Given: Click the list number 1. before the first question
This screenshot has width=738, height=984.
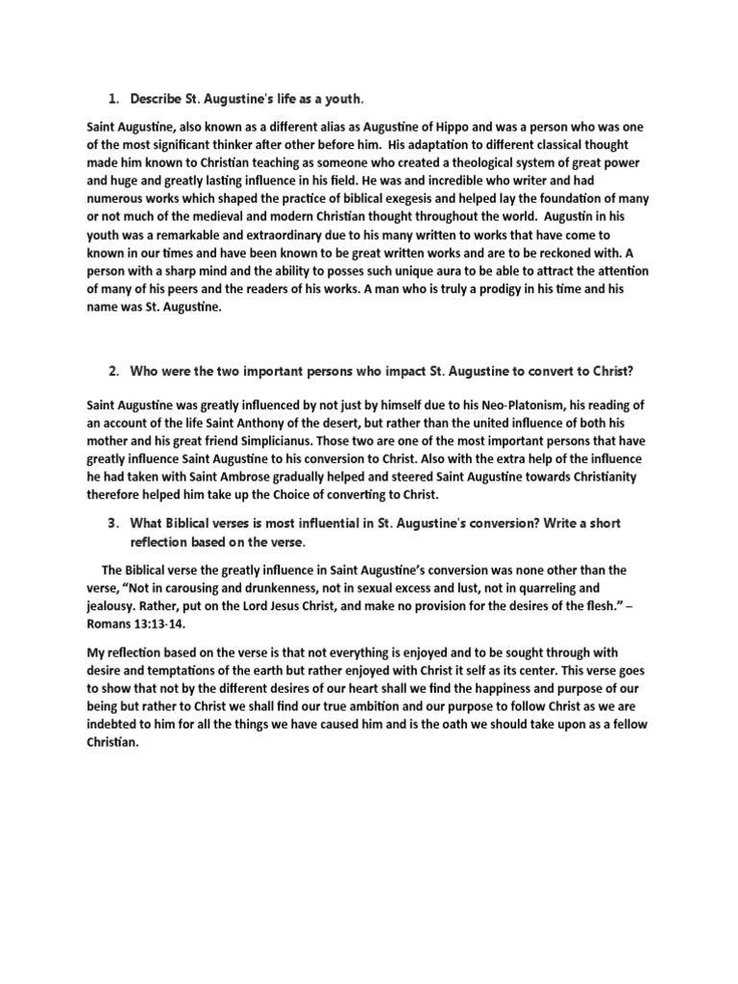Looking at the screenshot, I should point(112,99).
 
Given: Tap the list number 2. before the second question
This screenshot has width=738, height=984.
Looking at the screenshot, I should point(112,372).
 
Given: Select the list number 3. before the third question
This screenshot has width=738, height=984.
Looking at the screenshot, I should point(112,523).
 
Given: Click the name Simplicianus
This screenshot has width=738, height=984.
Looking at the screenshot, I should point(282,441).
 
